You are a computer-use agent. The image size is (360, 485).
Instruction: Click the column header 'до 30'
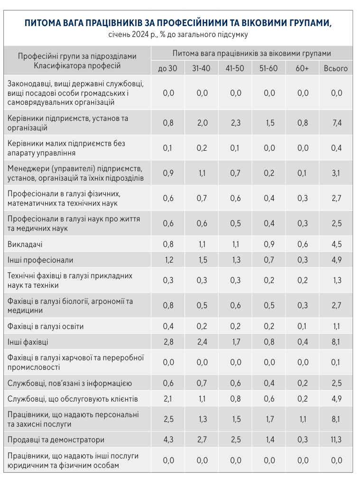[x=168, y=68]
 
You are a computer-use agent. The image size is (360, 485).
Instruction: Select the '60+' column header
[x=302, y=68]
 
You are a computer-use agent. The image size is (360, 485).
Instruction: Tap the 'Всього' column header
[x=336, y=68]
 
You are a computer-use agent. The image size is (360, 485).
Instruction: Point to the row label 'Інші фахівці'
[x=28, y=342]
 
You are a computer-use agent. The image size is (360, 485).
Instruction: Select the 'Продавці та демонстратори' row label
[x=56, y=439]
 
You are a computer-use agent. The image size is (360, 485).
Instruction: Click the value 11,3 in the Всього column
[x=336, y=439]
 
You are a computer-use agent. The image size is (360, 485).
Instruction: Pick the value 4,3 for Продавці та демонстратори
[x=168, y=439]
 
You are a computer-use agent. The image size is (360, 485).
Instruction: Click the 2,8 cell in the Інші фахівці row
[x=168, y=342]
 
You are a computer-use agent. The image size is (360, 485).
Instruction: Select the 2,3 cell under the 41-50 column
[x=235, y=123]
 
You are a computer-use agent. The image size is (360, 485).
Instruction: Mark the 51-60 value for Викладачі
[x=269, y=245]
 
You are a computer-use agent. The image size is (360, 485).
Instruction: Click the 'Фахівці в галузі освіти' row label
[x=45, y=326]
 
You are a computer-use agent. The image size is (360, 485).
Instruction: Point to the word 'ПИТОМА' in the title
[x=42, y=23]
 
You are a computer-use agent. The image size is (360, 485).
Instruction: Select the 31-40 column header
[x=202, y=68]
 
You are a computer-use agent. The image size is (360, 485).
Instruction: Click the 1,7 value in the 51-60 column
[x=269, y=419]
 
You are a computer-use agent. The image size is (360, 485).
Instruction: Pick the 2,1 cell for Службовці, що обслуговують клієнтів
[x=168, y=398]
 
